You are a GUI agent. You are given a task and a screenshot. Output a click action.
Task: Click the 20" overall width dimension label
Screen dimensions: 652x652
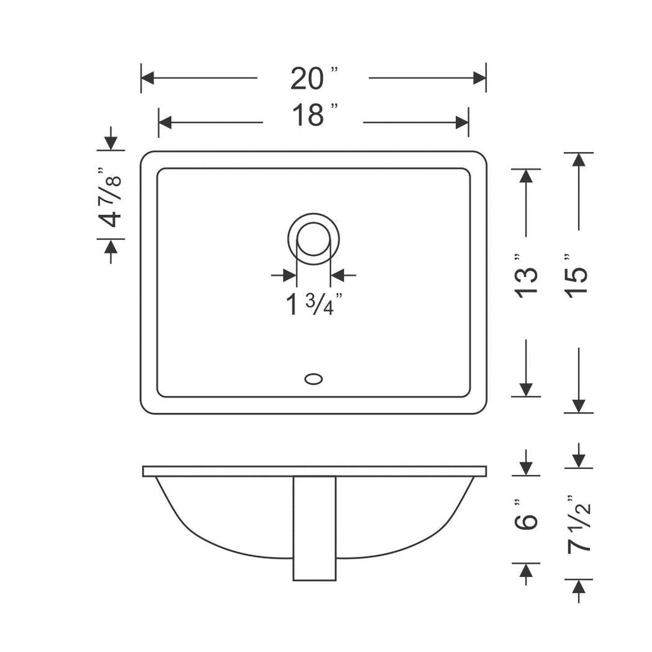(313, 79)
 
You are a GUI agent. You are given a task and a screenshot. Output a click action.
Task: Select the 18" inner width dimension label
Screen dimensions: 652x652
(313, 115)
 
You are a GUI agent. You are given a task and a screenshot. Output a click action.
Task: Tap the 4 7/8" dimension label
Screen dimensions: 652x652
(110, 197)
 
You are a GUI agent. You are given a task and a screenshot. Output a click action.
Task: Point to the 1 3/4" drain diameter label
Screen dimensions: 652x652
(313, 305)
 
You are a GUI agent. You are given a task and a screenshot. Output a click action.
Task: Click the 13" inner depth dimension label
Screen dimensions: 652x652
(526, 276)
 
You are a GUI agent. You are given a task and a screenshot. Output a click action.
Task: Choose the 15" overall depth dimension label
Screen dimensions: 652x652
(578, 276)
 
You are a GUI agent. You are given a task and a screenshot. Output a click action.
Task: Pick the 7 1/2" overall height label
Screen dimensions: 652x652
(578, 523)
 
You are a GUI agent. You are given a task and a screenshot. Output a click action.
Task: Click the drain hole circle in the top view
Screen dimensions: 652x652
(313, 239)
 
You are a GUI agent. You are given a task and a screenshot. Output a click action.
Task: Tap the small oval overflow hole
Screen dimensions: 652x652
(313, 379)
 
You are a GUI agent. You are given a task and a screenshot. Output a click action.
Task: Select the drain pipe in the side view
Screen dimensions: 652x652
(314, 528)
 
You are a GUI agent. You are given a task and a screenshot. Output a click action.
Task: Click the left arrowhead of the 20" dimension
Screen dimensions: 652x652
(148, 78)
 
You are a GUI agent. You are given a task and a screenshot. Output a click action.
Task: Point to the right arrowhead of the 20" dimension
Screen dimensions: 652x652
(479, 78)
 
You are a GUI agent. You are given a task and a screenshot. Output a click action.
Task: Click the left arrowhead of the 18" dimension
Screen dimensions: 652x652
(166, 122)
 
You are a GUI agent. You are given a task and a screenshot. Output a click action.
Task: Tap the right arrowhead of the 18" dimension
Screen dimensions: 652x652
(462, 122)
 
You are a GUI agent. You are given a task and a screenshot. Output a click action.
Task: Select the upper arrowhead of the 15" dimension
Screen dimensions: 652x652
(578, 160)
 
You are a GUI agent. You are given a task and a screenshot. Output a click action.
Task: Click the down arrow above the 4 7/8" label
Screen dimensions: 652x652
(111, 143)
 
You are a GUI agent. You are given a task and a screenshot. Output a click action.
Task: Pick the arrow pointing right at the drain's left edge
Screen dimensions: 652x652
(289, 274)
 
